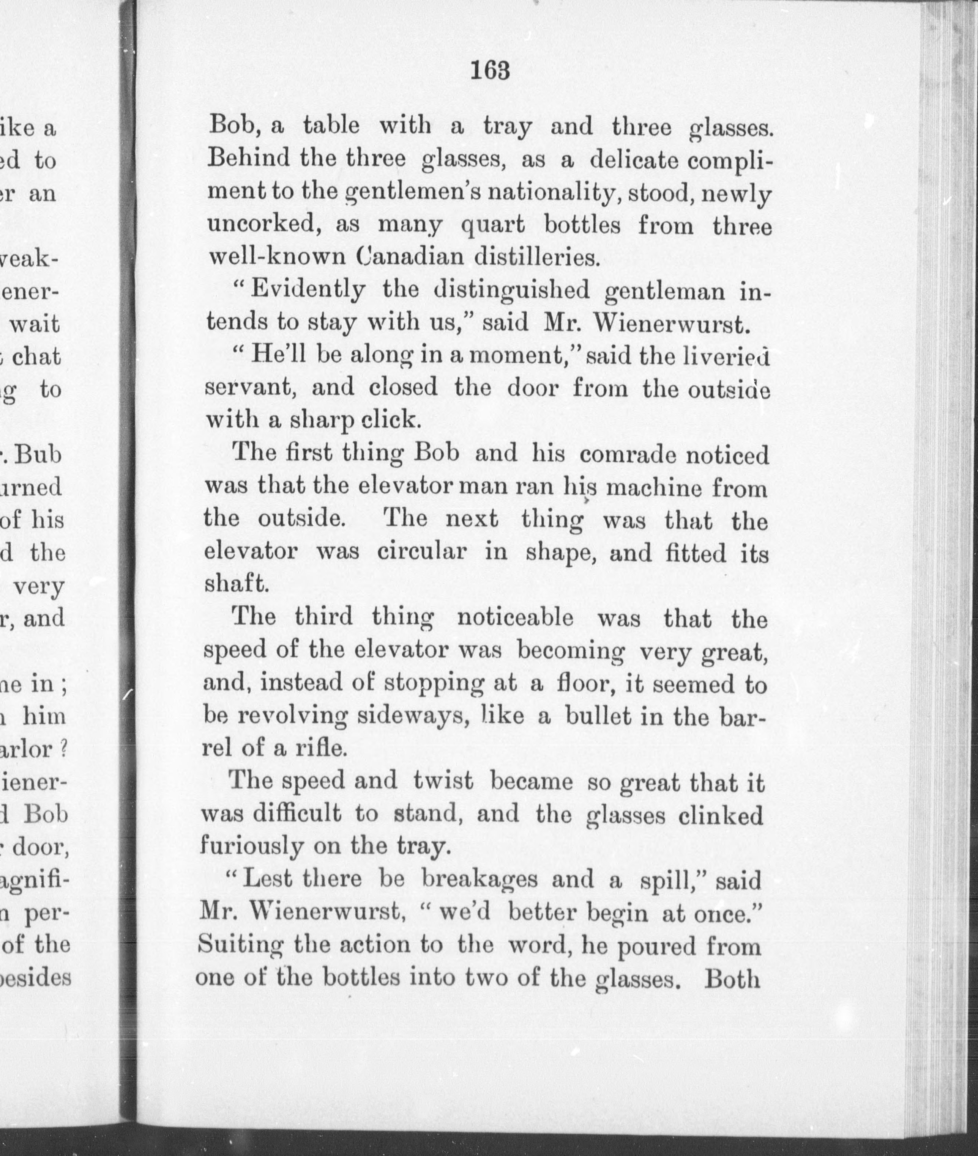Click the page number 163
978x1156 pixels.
[489, 71]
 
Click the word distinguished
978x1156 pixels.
[512, 290]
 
